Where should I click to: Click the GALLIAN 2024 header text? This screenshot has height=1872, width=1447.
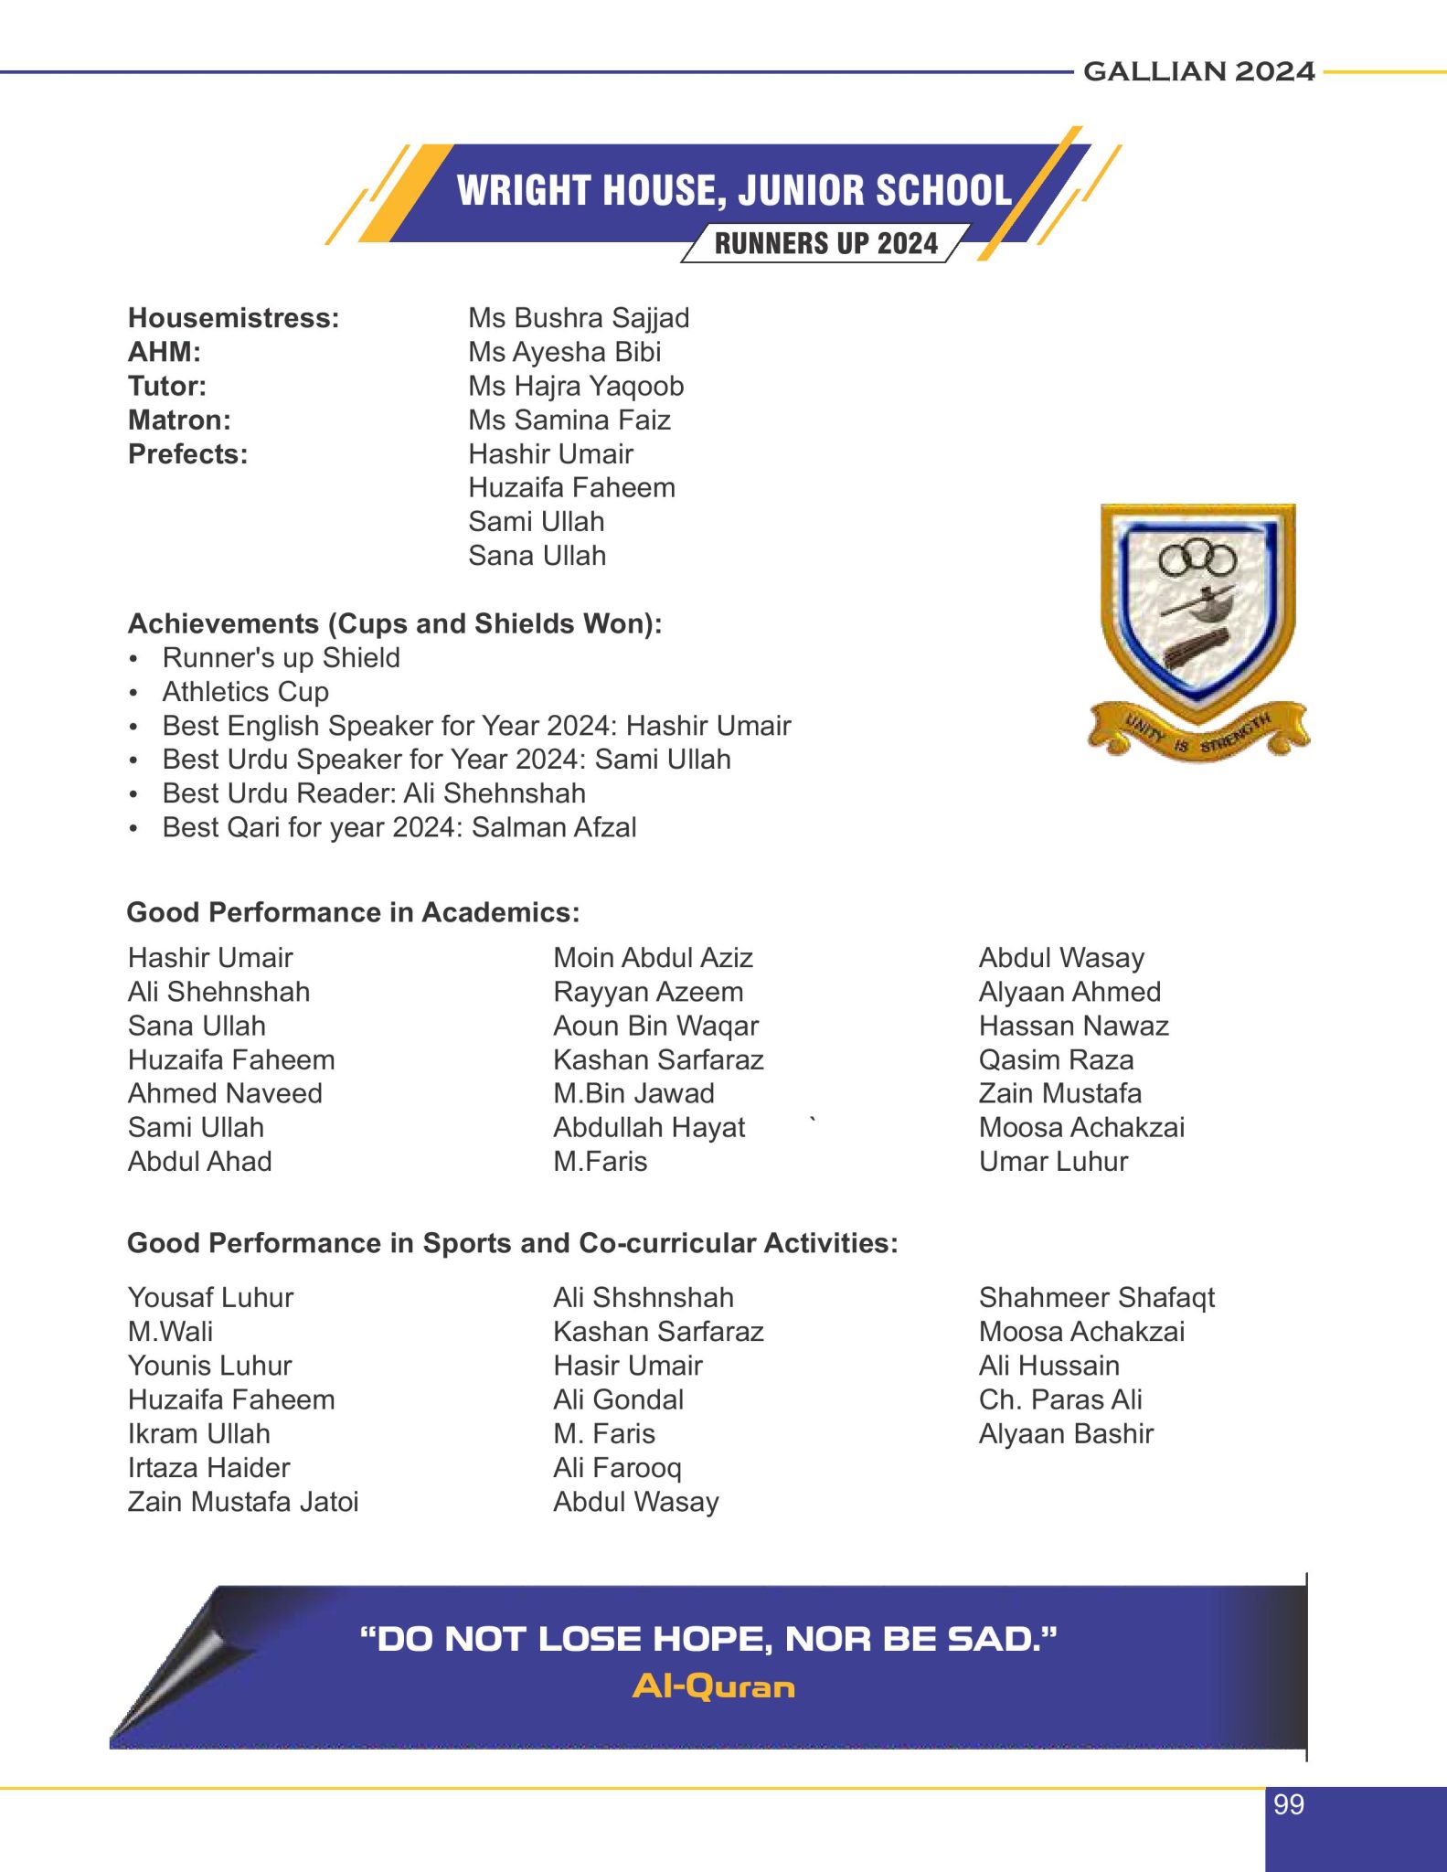coord(1198,71)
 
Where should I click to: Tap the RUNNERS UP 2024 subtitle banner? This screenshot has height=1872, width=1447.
coord(825,244)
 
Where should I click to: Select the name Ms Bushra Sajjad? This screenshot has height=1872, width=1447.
coord(579,318)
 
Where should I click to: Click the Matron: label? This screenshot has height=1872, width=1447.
coord(179,420)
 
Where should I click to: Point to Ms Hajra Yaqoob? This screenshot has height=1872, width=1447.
coord(576,387)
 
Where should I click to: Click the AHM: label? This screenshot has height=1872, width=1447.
coord(165,352)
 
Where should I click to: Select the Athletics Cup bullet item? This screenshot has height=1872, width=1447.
coord(245,692)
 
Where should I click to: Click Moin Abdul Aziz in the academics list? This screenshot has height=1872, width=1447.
coord(653,958)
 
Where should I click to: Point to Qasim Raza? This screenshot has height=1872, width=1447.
coord(1056,1060)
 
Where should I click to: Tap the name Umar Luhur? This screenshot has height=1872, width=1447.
coord(1053,1162)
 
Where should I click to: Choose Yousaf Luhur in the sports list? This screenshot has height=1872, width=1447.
coord(210,1298)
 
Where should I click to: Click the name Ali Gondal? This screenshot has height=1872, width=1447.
coord(618,1399)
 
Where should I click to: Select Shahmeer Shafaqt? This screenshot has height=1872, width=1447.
coord(1096,1298)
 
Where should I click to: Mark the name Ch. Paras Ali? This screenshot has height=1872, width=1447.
coord(1060,1399)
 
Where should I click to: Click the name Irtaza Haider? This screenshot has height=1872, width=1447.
coord(208,1468)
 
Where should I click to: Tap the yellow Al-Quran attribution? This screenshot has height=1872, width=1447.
coord(713,1686)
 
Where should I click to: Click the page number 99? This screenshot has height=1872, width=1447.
coord(1289,1804)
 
